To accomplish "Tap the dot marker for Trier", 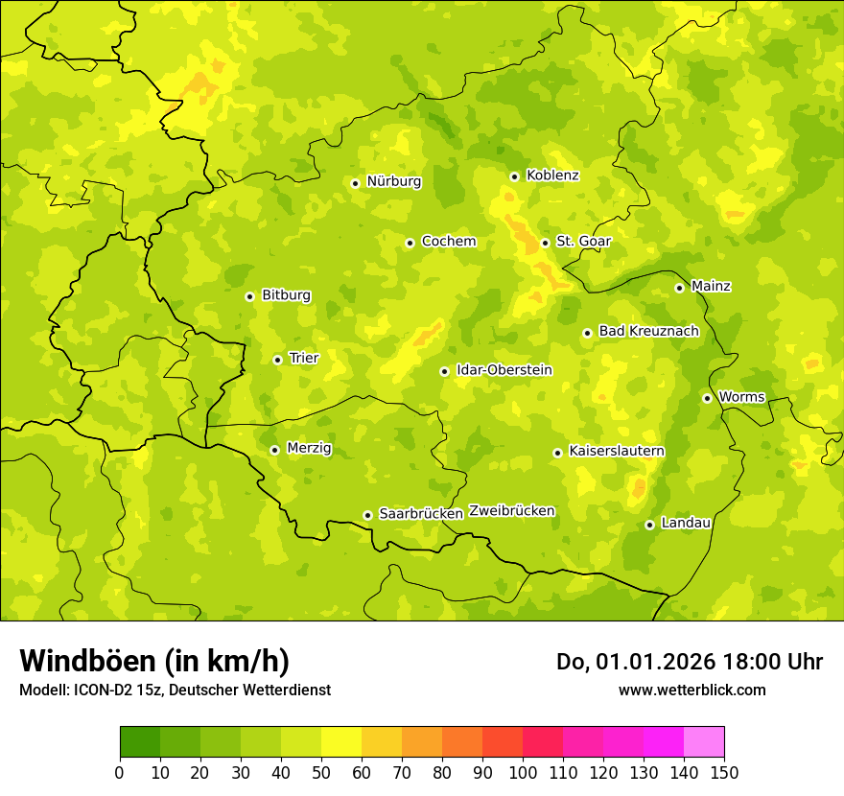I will pos(278,360).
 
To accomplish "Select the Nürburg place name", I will pos(393,181).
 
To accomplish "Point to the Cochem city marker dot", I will pos(410,243).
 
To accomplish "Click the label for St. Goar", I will pos(583,242).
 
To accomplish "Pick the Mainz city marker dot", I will pos(679,288).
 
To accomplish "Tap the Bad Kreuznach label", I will pos(648,331).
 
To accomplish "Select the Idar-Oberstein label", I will pos(504,370).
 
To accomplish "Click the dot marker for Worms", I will pos(707,398).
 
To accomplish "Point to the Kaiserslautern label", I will pos(617,451).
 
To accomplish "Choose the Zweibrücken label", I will pos(512,511).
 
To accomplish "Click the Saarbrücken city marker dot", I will pos(367,515).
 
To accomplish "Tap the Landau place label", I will pos(686,523).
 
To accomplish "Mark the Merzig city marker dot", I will pos(274,450).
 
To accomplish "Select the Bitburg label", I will pos(286,295).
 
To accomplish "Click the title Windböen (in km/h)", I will pos(154,661).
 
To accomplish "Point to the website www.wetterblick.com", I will pos(692,690).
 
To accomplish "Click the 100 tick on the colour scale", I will pos(523,772).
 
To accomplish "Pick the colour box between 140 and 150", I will pos(704,742).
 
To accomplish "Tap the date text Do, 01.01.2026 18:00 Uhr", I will pos(689,662).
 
